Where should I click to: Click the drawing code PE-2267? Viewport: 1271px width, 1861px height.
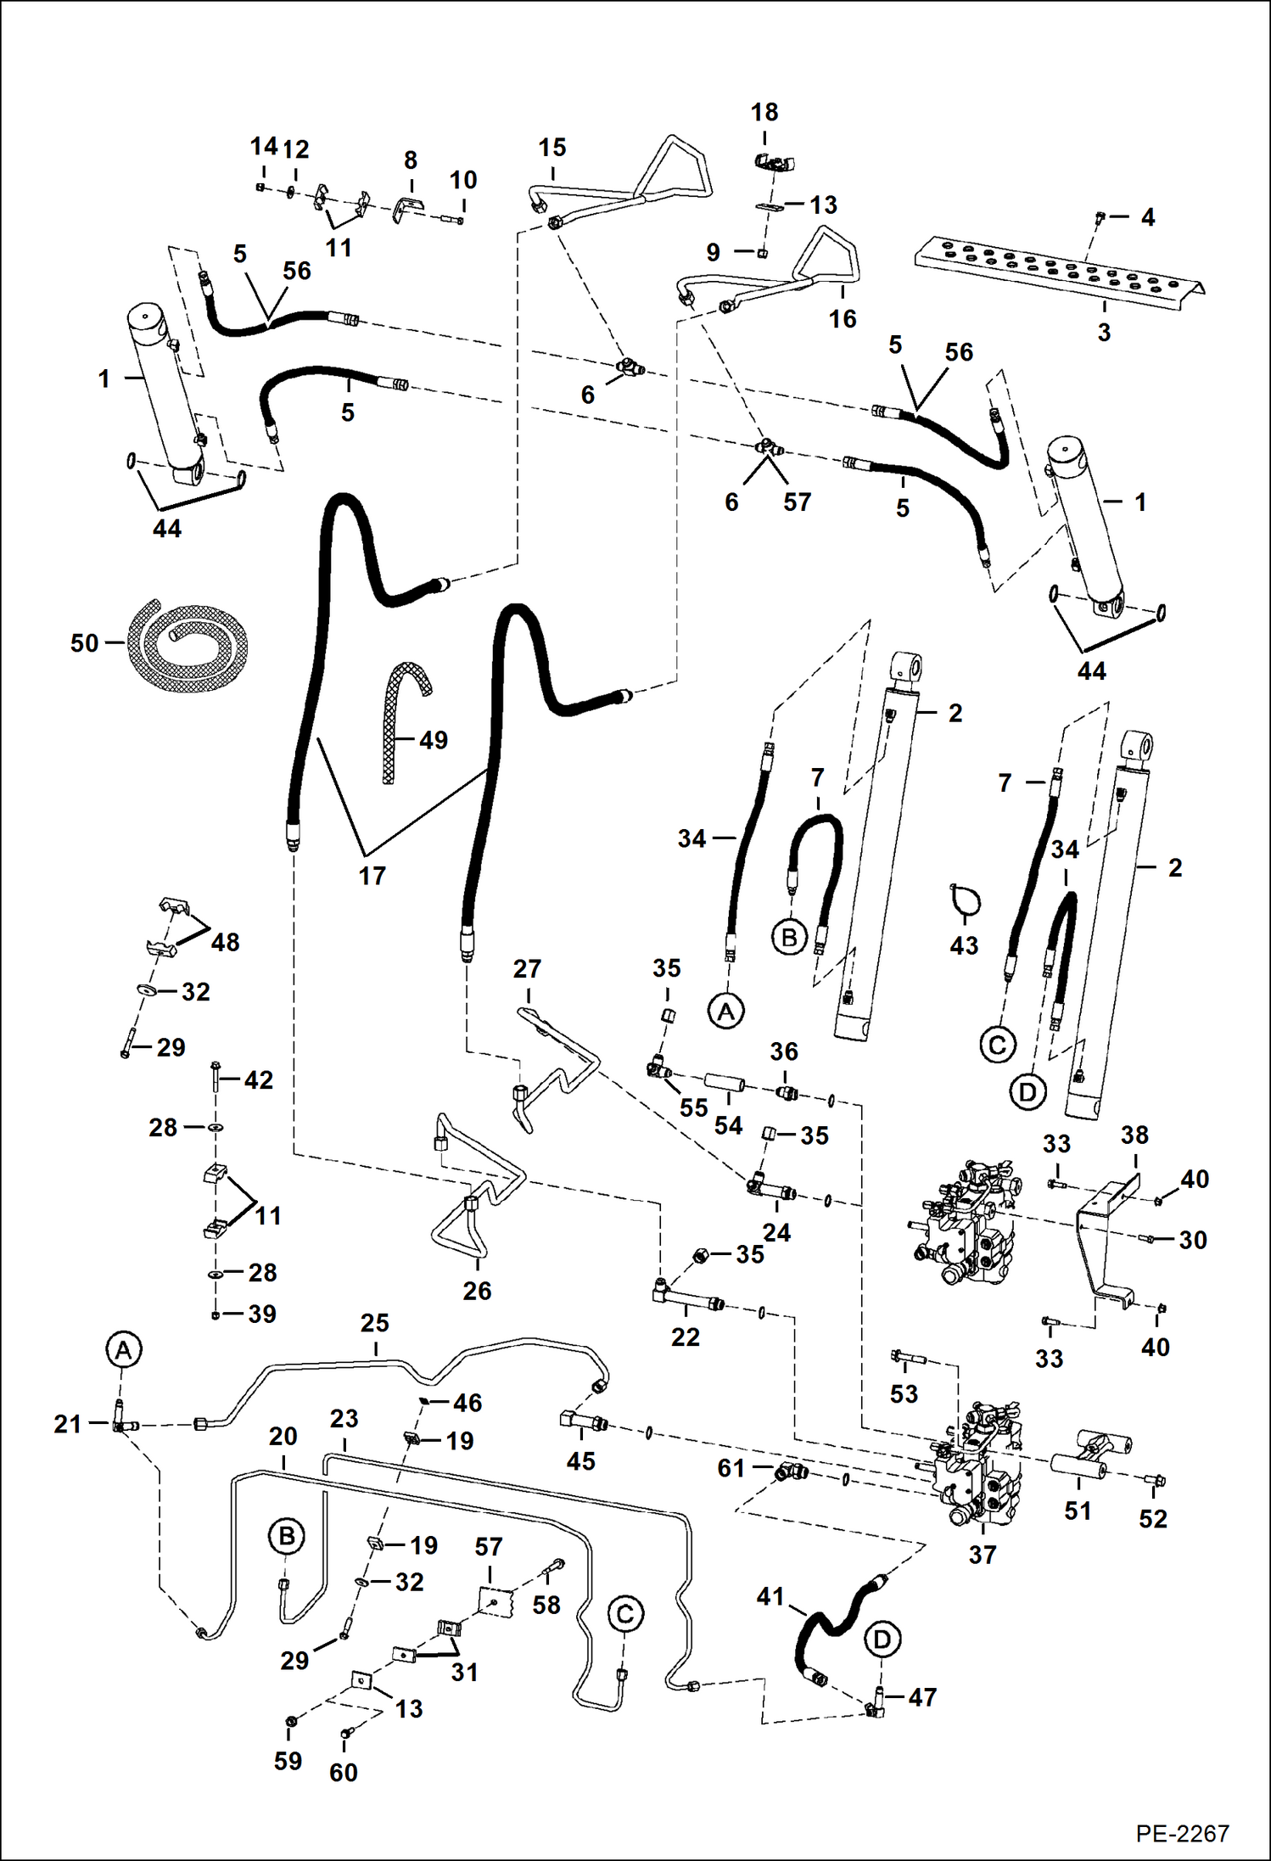[x=1182, y=1833]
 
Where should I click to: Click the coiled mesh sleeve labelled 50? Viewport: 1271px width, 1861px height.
[x=188, y=642]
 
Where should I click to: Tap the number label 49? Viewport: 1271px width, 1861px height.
[x=433, y=740]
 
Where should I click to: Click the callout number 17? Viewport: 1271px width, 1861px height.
[x=372, y=875]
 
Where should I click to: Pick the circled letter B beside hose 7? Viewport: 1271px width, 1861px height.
[x=788, y=938]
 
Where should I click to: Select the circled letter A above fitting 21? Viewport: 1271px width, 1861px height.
[x=123, y=1349]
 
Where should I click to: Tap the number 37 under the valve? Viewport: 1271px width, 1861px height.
[x=982, y=1555]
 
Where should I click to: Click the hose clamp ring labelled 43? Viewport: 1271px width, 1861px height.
[x=965, y=901]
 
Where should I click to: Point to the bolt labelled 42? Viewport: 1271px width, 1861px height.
[x=215, y=1079]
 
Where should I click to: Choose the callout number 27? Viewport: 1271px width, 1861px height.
[x=527, y=968]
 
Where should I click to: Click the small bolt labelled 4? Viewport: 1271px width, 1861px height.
[x=1099, y=217]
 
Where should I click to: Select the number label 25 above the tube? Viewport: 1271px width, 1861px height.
[x=374, y=1323]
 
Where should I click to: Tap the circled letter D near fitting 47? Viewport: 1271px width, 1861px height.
[x=882, y=1639]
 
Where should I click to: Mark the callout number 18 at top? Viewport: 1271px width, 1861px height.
[x=764, y=112]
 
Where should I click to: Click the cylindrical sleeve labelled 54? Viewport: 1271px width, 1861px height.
[x=728, y=1085]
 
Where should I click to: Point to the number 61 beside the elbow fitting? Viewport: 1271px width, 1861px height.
[x=731, y=1467]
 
